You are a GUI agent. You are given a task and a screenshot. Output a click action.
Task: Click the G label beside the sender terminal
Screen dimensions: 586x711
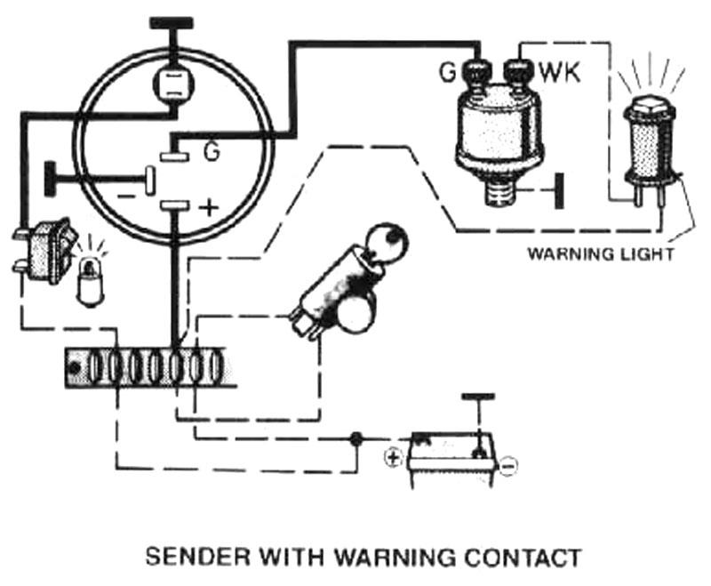click(447, 72)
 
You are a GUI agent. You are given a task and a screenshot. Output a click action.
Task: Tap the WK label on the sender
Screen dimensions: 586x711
click(560, 72)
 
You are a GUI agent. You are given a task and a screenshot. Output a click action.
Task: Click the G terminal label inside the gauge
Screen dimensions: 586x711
click(211, 153)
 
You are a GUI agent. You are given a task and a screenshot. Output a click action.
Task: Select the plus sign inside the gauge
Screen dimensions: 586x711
click(208, 208)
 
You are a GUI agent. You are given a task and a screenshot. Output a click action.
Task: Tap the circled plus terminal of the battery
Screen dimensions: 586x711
click(392, 459)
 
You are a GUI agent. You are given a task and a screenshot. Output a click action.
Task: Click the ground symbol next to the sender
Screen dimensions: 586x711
click(558, 190)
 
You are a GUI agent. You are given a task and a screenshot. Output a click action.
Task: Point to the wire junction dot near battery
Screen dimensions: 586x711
click(356, 438)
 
